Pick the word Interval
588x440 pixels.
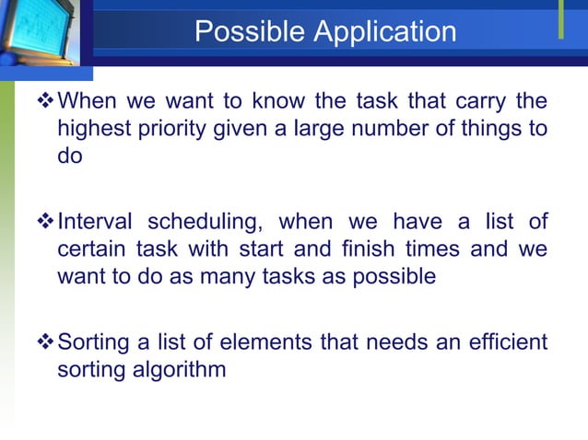point(96,222)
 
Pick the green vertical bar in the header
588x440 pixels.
point(560,20)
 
